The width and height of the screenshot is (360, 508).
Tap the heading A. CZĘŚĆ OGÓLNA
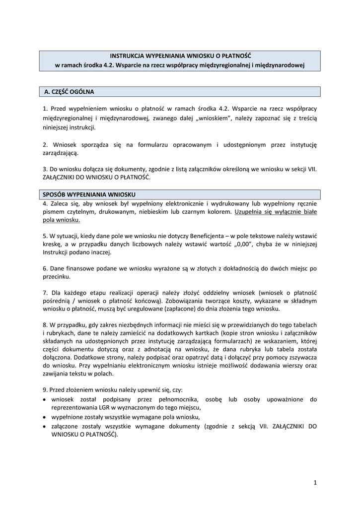pyautogui.click(x=70, y=92)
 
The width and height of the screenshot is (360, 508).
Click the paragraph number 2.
pyautogui.click(x=45, y=145)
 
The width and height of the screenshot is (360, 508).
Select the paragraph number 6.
pyautogui.click(x=45, y=268)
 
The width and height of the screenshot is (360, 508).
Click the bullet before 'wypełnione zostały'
pyautogui.click(x=45, y=417)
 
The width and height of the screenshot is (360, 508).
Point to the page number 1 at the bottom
pyautogui.click(x=315, y=482)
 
